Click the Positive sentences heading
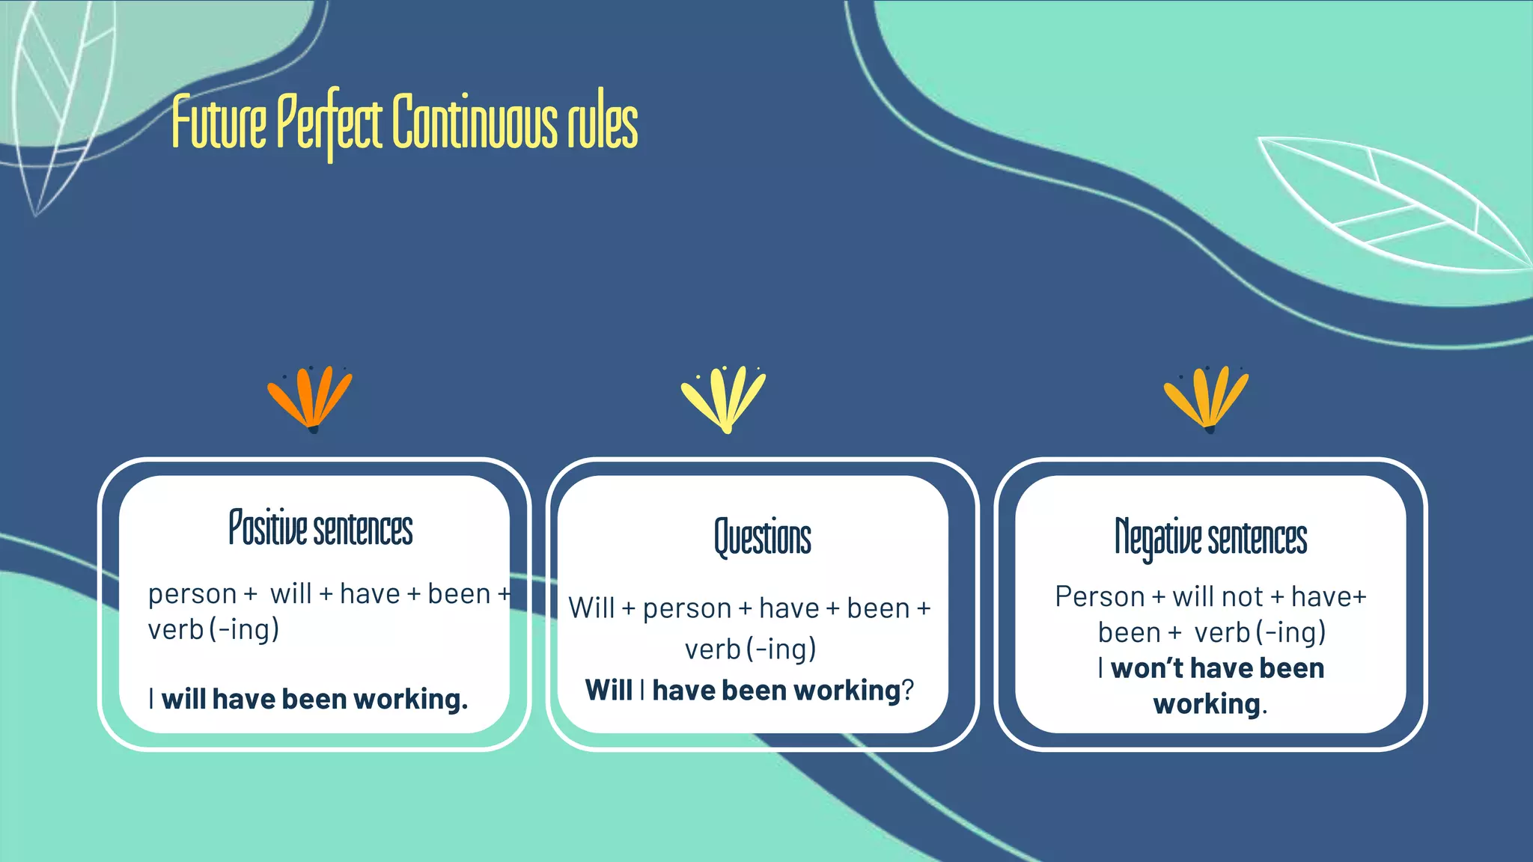click(320, 528)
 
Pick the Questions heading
click(762, 537)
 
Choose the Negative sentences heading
click(1210, 537)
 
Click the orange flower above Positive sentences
click(311, 398)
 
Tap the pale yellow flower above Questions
click(724, 398)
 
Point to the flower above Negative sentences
click(1207, 398)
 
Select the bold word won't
click(1147, 668)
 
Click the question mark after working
click(908, 690)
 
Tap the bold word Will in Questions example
click(609, 690)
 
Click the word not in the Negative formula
click(1243, 597)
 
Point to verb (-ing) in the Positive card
click(213, 629)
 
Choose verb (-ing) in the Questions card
click(750, 649)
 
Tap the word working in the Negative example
click(1207, 704)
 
